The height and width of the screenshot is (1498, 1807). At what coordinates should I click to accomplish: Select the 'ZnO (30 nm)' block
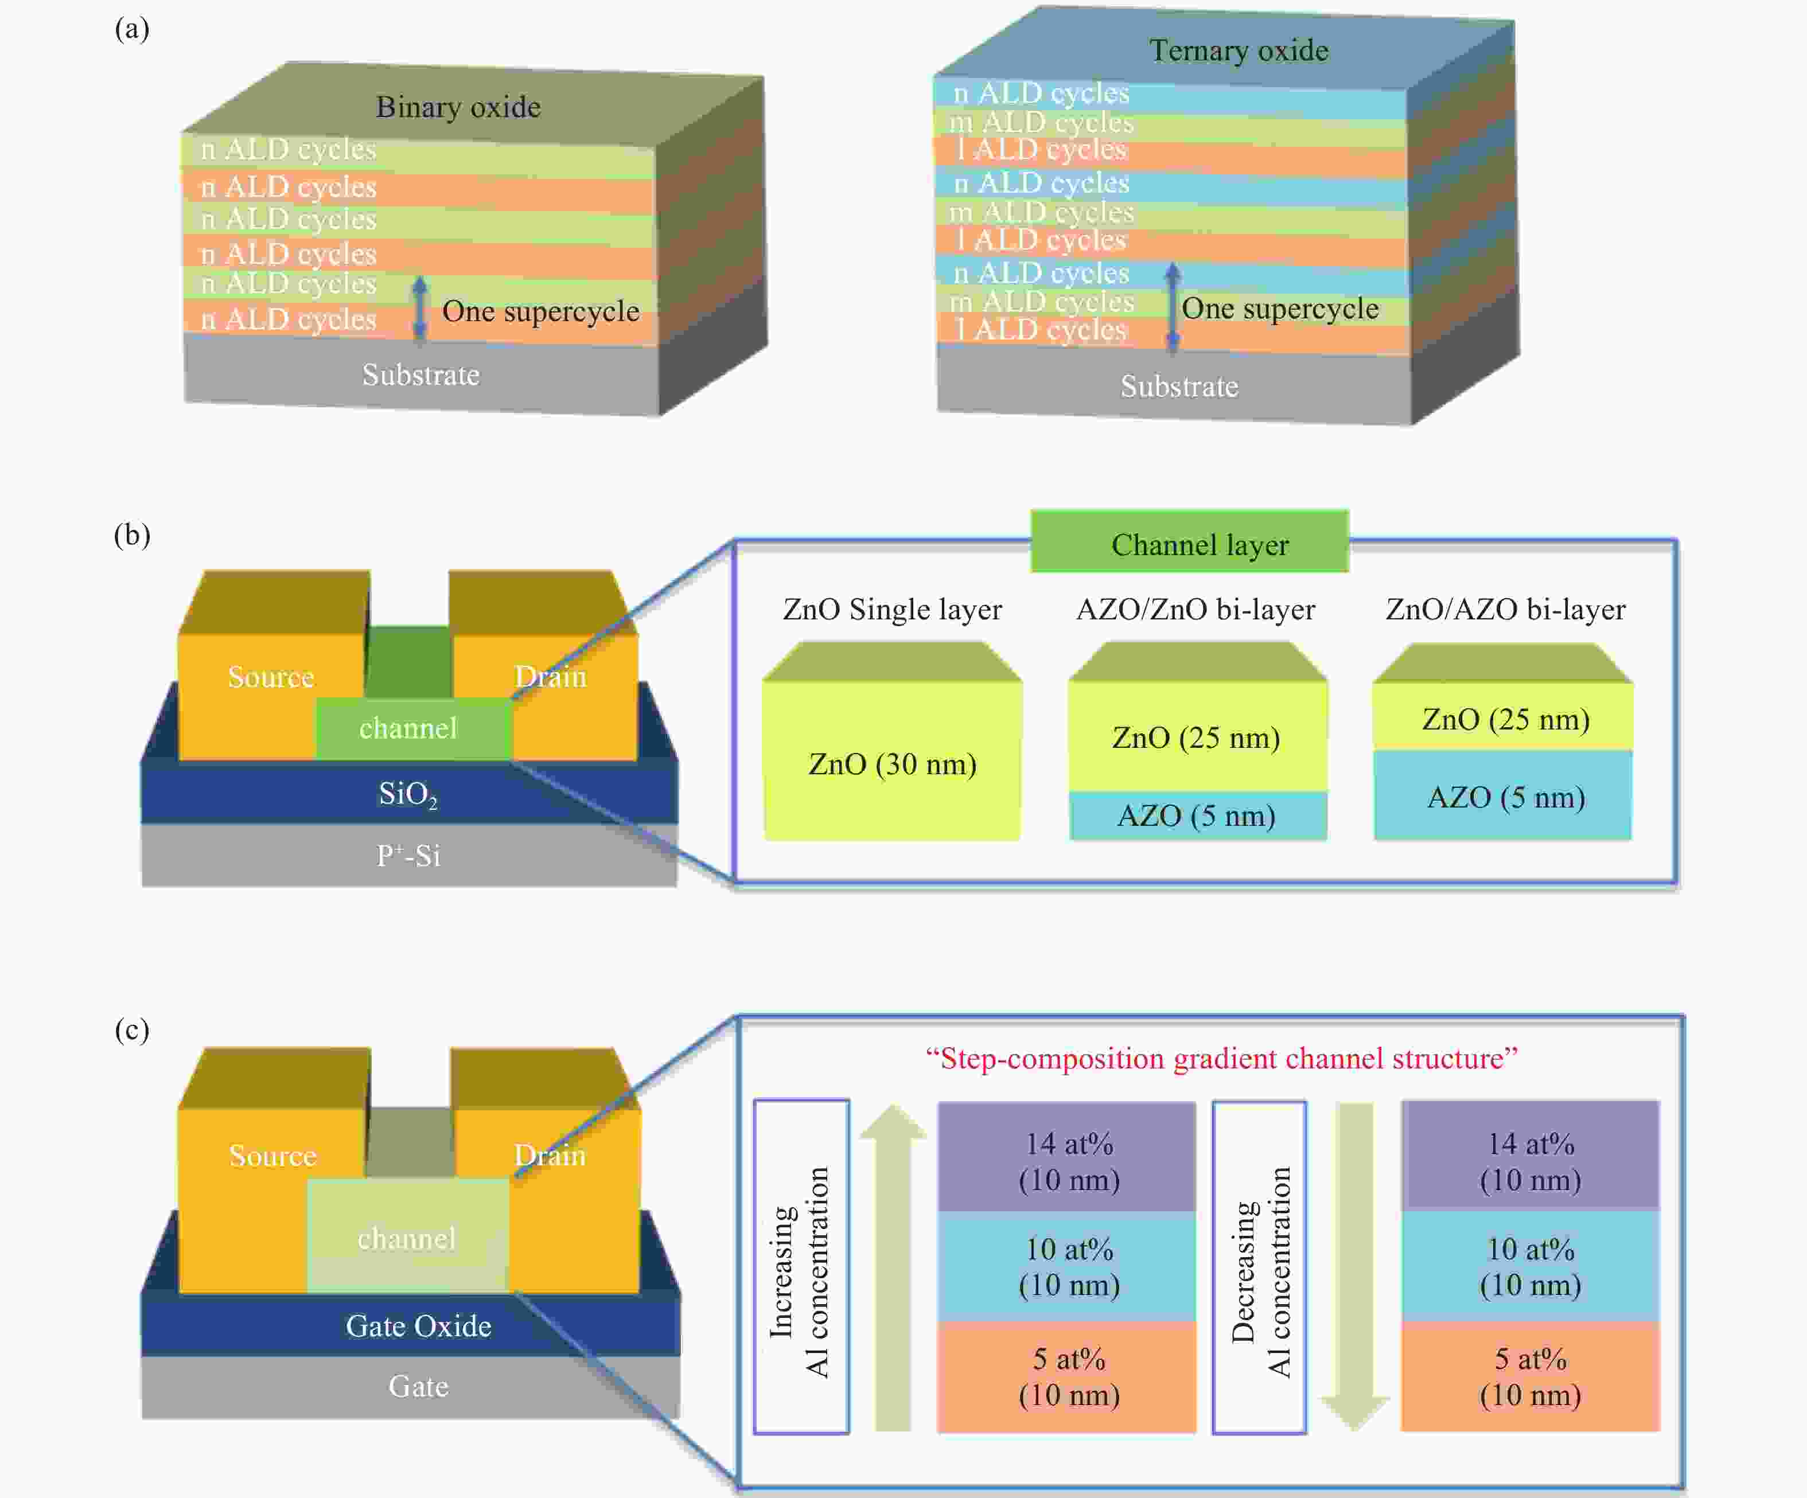click(x=893, y=763)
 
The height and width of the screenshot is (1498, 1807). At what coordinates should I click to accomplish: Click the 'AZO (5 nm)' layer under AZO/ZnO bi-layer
click(x=1196, y=815)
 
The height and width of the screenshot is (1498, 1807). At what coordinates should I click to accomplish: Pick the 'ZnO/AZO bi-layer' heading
click(x=1505, y=609)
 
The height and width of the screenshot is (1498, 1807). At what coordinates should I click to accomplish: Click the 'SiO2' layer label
click(x=408, y=793)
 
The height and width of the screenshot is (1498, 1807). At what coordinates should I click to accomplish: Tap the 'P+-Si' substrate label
click(x=408, y=855)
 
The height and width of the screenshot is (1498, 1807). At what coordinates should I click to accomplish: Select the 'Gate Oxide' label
click(x=418, y=1325)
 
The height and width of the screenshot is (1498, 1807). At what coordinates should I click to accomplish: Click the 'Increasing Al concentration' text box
click(x=801, y=1266)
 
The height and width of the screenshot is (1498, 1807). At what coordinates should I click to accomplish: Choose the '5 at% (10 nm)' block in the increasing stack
click(x=1068, y=1376)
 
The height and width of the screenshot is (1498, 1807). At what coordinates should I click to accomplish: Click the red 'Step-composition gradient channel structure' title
click(x=1221, y=1058)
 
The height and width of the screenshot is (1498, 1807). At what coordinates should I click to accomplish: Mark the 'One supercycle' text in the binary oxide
click(x=540, y=311)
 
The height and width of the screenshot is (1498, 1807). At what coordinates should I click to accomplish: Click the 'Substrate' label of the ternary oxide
click(x=1179, y=387)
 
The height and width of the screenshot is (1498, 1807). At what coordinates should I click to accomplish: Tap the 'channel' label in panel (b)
click(x=408, y=728)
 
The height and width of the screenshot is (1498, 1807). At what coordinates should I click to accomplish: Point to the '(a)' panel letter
click(x=132, y=29)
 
